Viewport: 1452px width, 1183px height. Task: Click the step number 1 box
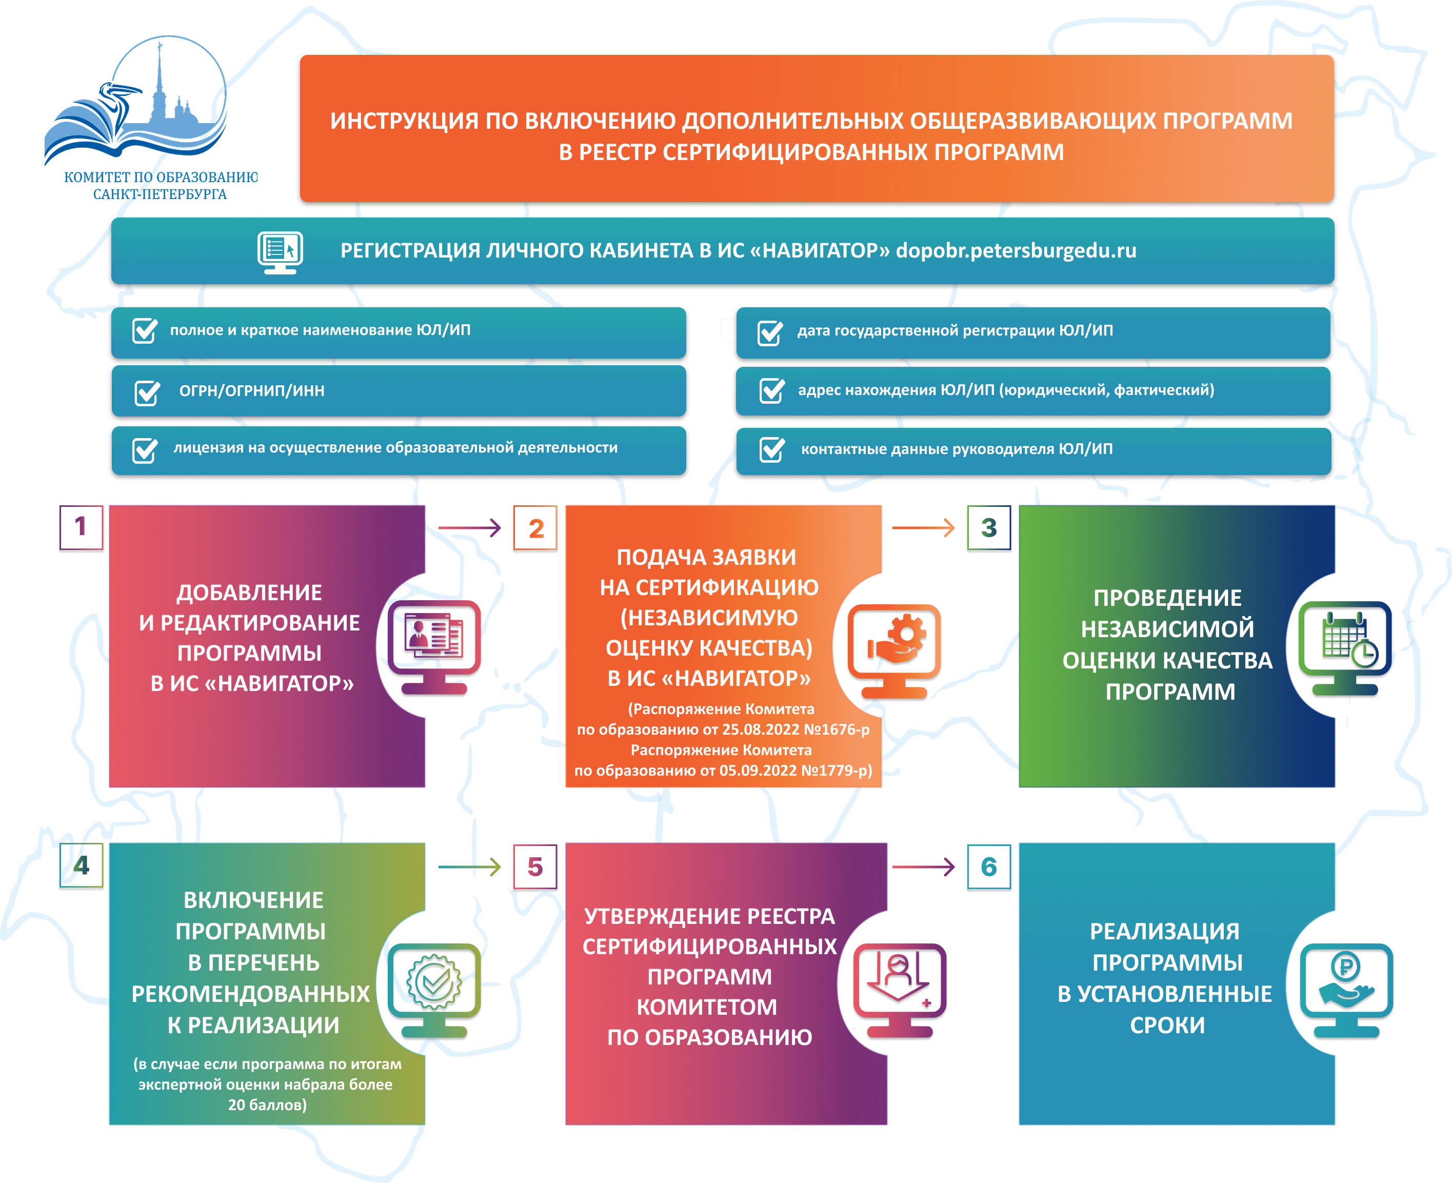(x=81, y=527)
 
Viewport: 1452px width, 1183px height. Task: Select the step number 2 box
(x=535, y=528)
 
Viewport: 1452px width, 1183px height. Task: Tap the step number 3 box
(x=989, y=527)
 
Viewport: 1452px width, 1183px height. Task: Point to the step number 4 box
(x=81, y=865)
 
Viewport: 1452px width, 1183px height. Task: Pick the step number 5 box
(x=535, y=867)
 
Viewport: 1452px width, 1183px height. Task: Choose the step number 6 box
(x=989, y=867)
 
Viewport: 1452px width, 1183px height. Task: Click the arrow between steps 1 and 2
(x=469, y=527)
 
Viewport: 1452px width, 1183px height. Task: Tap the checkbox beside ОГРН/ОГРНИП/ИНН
(x=147, y=392)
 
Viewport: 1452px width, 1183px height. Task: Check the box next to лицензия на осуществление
(x=145, y=450)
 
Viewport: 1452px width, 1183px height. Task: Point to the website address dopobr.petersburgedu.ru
(x=1016, y=251)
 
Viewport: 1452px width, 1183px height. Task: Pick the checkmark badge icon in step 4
(x=434, y=982)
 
